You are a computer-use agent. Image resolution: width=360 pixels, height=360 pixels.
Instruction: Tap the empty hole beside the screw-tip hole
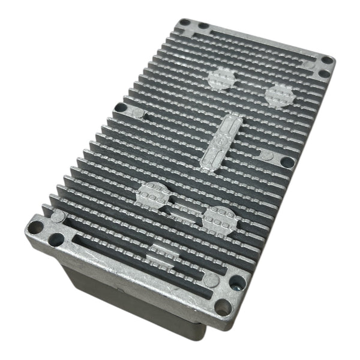coord(223,307)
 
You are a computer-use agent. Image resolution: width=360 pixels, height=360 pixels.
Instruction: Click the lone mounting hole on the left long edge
coord(121,108)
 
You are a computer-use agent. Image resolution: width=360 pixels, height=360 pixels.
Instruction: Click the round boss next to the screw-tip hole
coord(210,280)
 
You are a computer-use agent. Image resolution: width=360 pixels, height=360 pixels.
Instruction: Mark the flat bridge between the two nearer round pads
coord(180,210)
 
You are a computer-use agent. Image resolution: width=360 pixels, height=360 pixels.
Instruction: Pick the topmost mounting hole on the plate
coord(184,22)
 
